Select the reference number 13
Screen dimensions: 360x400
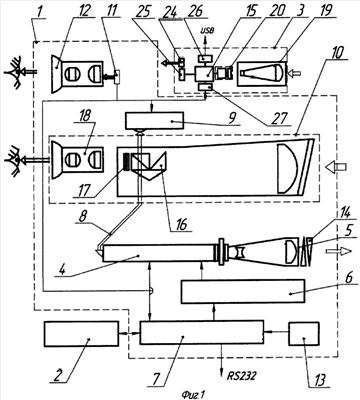318,379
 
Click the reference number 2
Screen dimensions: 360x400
58,375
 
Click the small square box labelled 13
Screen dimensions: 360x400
304,334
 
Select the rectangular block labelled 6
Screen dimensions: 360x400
243,292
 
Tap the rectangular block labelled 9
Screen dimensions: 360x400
154,121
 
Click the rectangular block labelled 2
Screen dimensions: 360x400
81,334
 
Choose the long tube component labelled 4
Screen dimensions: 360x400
159,254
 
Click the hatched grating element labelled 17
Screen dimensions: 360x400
127,162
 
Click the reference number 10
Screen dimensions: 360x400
337,54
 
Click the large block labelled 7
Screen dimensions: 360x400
202,332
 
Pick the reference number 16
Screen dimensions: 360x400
180,224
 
